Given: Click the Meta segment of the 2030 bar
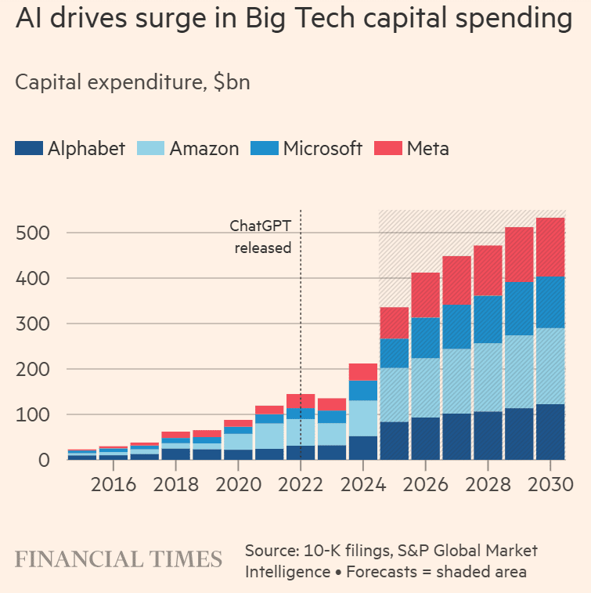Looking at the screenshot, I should tap(550, 247).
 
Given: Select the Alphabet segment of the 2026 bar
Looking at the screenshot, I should tap(426, 438).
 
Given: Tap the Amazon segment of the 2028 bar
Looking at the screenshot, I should tap(488, 377).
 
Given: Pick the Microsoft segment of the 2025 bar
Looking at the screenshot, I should tap(395, 353).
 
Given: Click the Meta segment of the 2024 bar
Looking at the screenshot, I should tap(363, 371).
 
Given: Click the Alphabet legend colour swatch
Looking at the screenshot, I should tap(29, 148).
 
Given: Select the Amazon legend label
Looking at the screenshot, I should tap(204, 148).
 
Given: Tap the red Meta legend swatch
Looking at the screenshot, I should tap(389, 148).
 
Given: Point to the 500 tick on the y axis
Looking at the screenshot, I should tap(33, 233).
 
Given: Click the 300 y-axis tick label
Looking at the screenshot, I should tap(33, 324).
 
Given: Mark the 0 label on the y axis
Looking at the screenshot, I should tap(44, 460).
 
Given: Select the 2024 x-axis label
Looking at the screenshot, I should tap(363, 483).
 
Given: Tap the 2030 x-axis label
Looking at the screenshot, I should tap(550, 483).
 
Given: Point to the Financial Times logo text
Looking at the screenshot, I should tap(118, 559).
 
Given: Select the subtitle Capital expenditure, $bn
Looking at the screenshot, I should tap(132, 82).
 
